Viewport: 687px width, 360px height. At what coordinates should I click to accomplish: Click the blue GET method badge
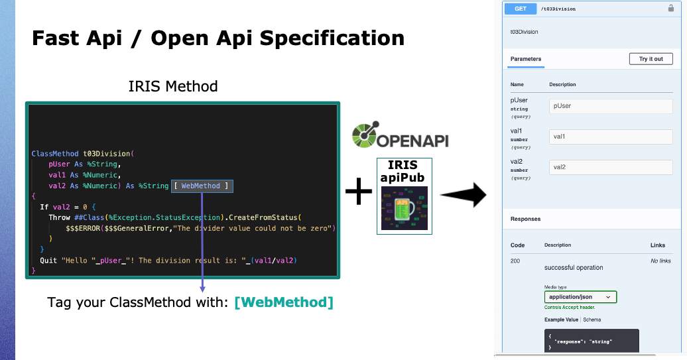pyautogui.click(x=520, y=9)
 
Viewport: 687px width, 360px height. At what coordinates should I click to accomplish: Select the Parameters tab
pyautogui.click(x=525, y=59)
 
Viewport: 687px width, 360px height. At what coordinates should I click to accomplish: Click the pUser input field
pyautogui.click(x=610, y=106)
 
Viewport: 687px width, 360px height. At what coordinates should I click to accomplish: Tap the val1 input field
pyautogui.click(x=610, y=137)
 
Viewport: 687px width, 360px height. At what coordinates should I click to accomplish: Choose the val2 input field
pyautogui.click(x=610, y=167)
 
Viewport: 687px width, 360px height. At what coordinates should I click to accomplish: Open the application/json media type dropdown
pyautogui.click(x=580, y=298)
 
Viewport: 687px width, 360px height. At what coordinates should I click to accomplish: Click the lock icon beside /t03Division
pyautogui.click(x=670, y=9)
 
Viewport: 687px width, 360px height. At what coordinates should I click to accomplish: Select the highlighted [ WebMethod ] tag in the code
pyautogui.click(x=202, y=186)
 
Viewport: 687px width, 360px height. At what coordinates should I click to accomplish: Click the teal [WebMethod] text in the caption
pyautogui.click(x=284, y=303)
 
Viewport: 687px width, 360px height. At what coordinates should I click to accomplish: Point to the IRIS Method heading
pyautogui.click(x=173, y=86)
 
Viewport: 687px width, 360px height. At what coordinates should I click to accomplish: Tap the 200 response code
pyautogui.click(x=515, y=261)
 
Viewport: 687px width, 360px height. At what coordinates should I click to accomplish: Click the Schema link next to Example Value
pyautogui.click(x=592, y=320)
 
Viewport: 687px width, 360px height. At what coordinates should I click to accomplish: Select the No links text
pyautogui.click(x=660, y=261)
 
